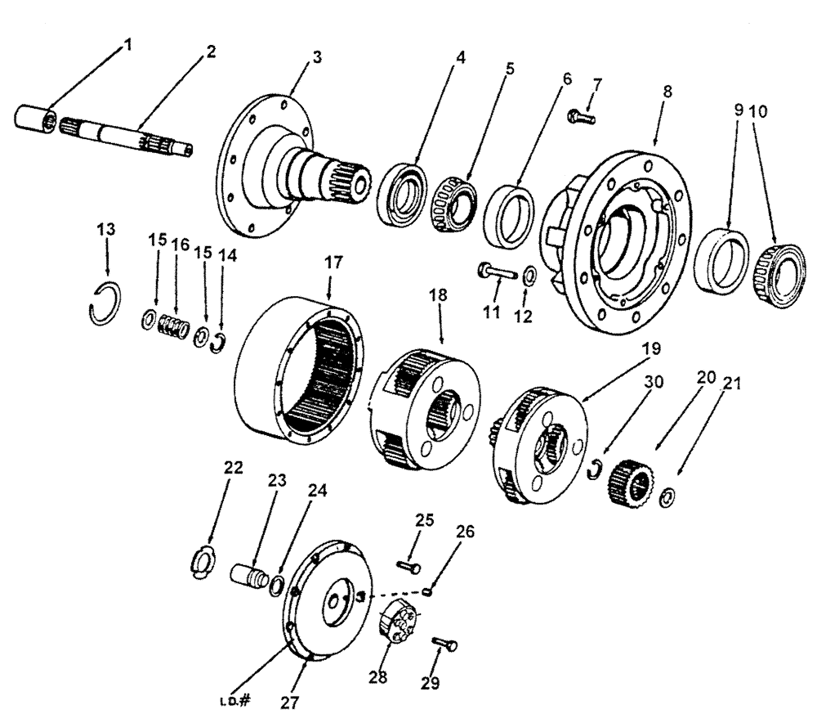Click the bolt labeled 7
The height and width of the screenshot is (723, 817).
click(581, 118)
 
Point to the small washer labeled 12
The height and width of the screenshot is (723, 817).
click(529, 274)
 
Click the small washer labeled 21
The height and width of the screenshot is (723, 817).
click(667, 495)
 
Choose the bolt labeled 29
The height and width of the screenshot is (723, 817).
click(445, 645)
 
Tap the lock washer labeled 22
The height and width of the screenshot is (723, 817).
click(202, 562)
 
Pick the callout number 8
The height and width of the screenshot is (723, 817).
click(668, 92)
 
